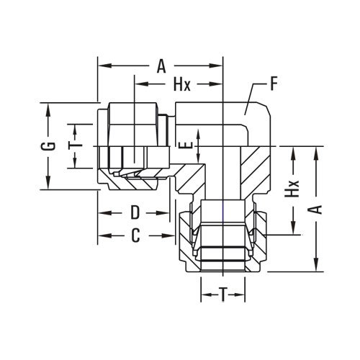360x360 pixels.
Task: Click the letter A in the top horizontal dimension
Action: [x=161, y=67]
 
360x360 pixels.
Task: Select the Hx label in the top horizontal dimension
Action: [x=181, y=85]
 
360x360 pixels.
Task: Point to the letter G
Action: [x=48, y=147]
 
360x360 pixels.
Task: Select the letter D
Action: [x=134, y=214]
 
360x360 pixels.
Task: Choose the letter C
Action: [x=134, y=235]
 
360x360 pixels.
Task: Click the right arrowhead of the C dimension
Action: [x=171, y=235]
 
